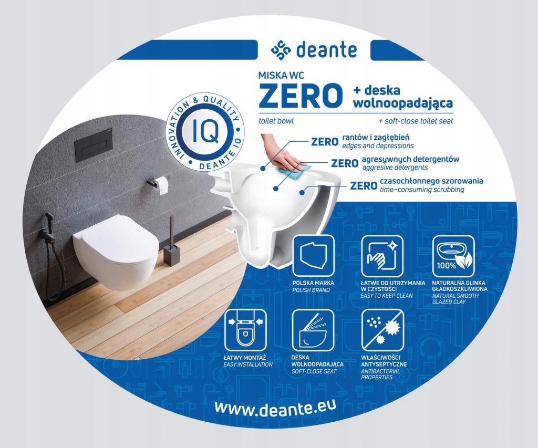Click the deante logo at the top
click(313, 51)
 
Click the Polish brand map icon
click(313, 256)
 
